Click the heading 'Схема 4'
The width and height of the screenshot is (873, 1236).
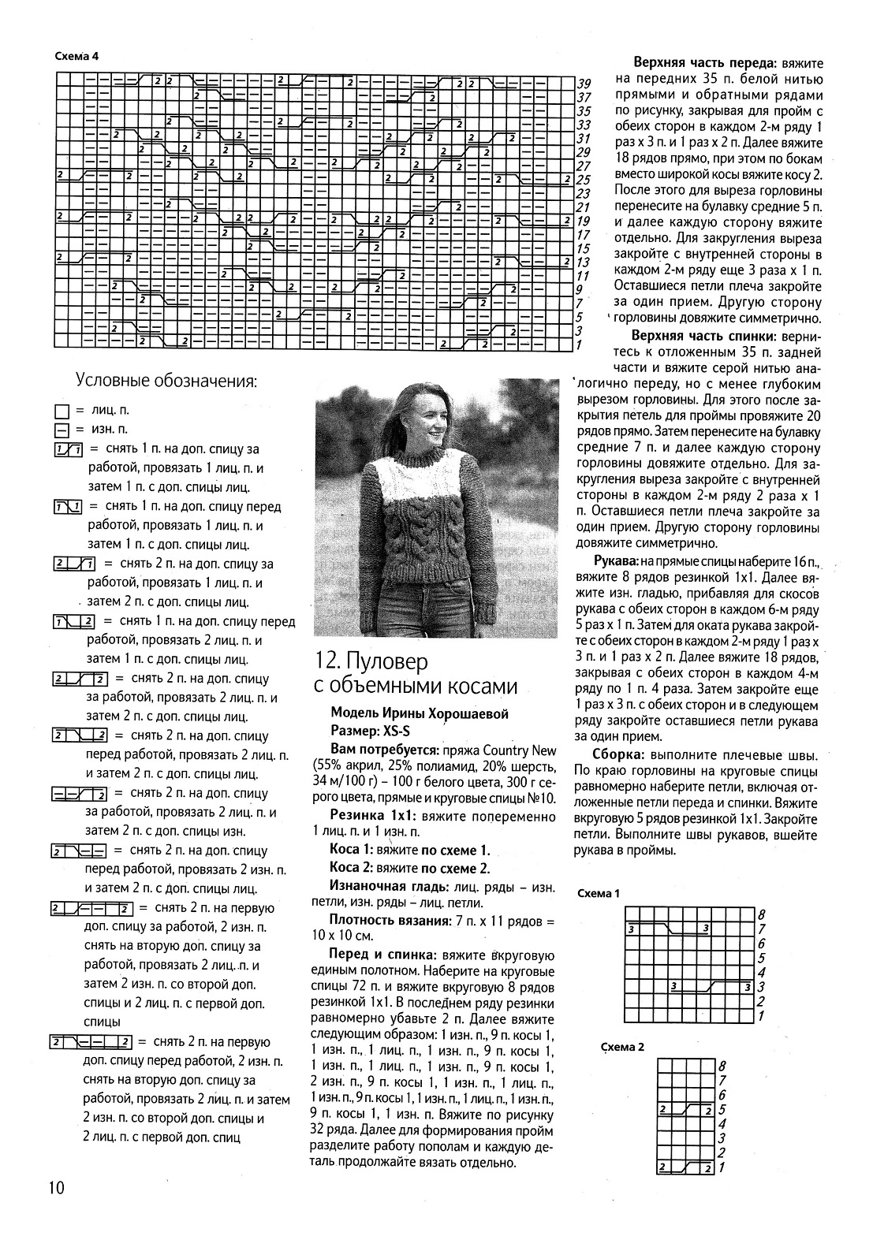(x=76, y=56)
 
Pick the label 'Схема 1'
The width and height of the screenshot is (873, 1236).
(x=599, y=893)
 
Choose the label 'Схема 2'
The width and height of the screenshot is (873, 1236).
(x=623, y=1047)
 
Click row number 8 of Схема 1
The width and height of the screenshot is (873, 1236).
(x=760, y=914)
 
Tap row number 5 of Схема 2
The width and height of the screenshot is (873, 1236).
(x=722, y=1109)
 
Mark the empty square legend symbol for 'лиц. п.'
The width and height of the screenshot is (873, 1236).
(x=62, y=411)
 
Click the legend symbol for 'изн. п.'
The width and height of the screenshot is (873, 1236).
(x=62, y=430)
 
